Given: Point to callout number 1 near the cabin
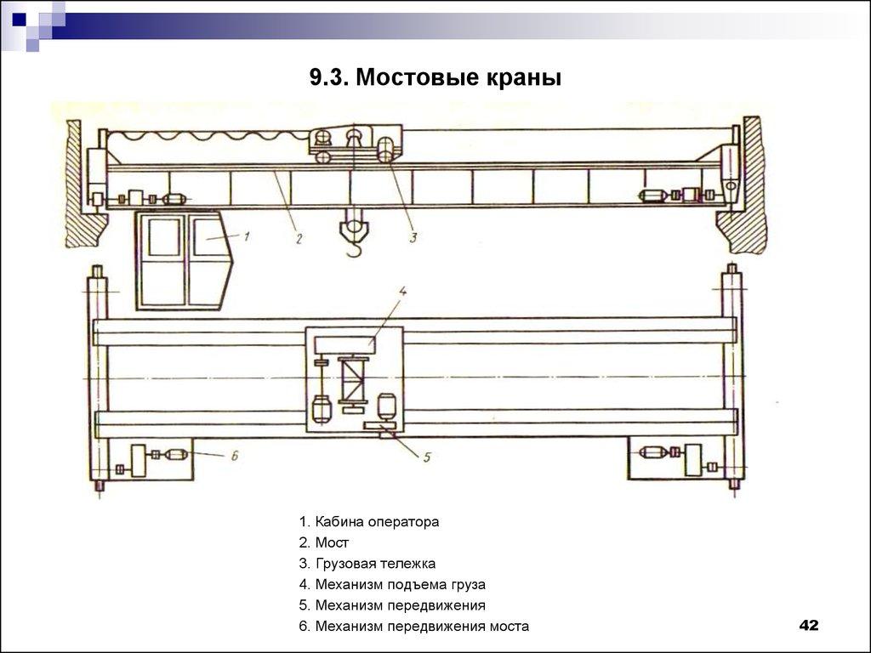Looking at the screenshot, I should [x=245, y=236].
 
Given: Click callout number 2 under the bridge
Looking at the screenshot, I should [x=299, y=239].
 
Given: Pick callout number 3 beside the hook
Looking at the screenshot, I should [x=413, y=238].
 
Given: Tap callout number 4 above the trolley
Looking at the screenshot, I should [x=403, y=291].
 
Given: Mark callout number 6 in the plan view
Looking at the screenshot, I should [x=234, y=456].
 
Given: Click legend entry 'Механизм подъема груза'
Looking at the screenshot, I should [x=392, y=584].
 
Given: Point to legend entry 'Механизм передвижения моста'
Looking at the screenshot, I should [x=413, y=627].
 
